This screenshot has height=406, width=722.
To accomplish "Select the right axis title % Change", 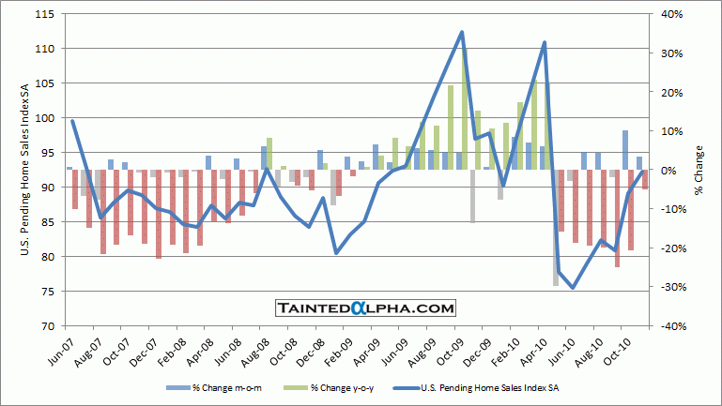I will coord(699,170).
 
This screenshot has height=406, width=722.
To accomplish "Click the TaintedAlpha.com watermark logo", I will coord(365,308).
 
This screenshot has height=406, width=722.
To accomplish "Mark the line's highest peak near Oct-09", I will coord(462,32).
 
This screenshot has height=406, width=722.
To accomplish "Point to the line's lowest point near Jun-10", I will coord(573,288).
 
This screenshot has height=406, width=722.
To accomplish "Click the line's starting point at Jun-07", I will coord(71,121).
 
